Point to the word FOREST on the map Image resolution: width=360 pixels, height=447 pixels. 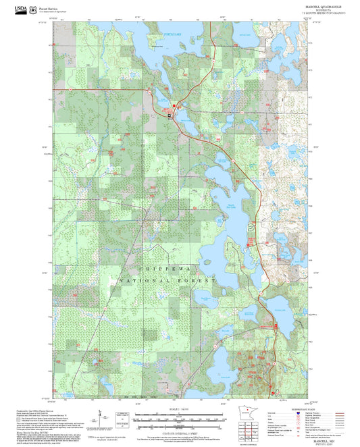point(197,280)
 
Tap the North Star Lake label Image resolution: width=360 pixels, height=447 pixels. point(231,205)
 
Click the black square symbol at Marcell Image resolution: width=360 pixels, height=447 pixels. point(170,115)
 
